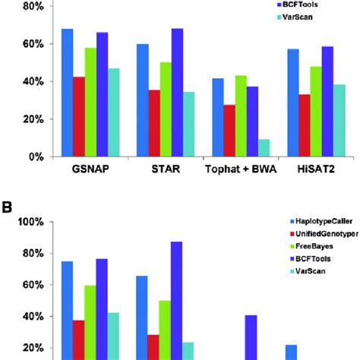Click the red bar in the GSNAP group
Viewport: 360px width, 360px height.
79,117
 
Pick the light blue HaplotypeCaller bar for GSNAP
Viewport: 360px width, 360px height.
67,93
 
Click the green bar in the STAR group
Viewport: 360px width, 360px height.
165,109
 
